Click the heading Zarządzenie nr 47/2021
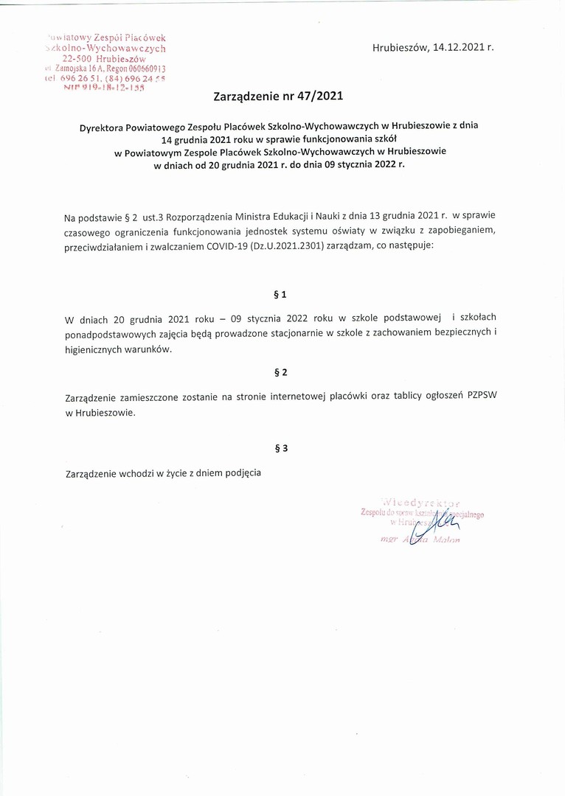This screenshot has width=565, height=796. click(278, 95)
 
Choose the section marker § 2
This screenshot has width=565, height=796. click(279, 372)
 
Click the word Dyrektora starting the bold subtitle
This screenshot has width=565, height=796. click(105, 126)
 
